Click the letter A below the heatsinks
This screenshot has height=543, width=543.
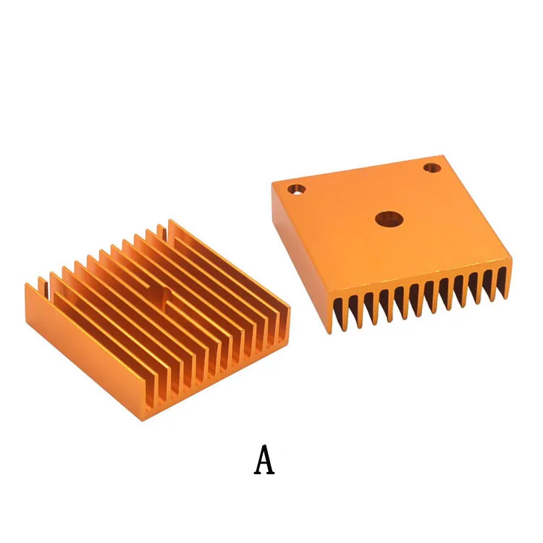[264, 460]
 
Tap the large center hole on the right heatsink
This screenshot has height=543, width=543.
[390, 219]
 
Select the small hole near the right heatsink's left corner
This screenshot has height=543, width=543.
[296, 190]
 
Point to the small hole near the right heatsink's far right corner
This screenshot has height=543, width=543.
[432, 168]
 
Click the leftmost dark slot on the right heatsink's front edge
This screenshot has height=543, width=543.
[339, 313]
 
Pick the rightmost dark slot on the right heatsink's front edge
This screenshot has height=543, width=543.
[501, 279]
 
